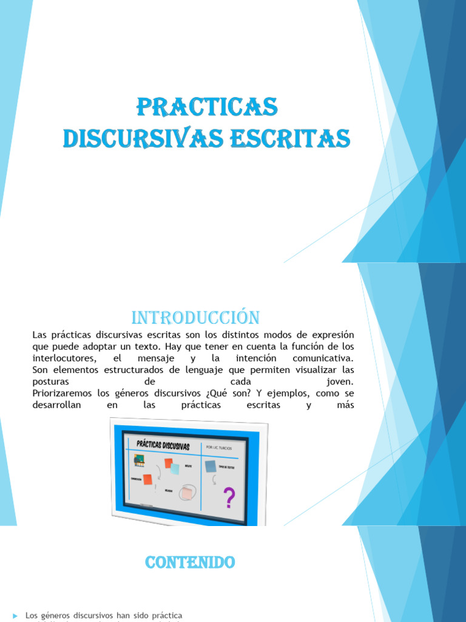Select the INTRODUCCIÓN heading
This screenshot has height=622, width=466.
coord(195,318)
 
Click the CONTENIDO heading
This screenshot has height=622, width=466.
coord(190,563)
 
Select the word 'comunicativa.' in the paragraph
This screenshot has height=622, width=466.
coord(322,358)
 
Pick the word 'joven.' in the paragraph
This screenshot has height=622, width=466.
coord(339,381)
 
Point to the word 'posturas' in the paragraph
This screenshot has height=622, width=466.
coord(50,381)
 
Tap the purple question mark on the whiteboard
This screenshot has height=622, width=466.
coord(229,499)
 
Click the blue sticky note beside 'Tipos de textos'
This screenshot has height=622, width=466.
coord(211,466)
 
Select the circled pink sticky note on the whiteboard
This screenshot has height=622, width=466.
coord(187,493)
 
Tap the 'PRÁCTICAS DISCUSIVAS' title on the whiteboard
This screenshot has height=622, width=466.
coord(163,446)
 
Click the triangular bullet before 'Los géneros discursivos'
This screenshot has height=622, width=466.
coord(15,616)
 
